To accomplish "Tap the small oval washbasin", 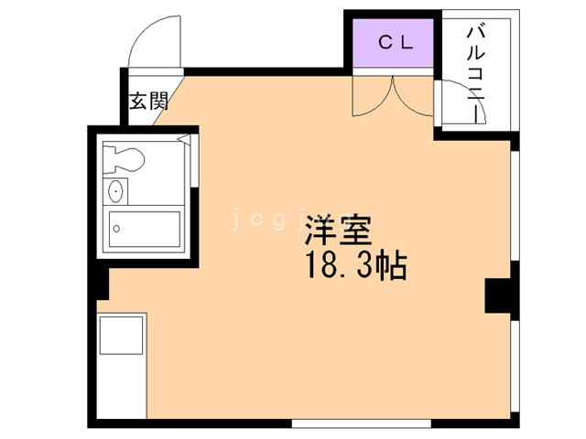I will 116,192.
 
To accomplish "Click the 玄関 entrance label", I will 147,100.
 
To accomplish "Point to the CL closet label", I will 396,41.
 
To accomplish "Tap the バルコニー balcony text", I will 475,73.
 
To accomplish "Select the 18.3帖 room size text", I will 353,266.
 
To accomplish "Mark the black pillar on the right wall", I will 497,294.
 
